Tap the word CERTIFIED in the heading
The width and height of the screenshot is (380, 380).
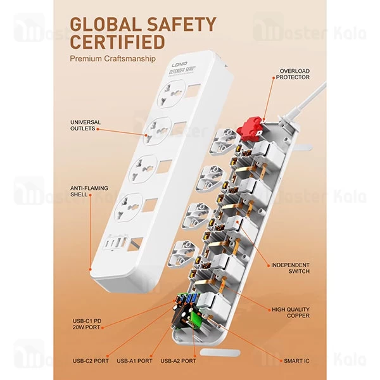point(118,42)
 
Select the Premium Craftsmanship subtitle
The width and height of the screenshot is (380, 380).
point(113,59)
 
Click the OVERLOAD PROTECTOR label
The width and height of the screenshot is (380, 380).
point(293,74)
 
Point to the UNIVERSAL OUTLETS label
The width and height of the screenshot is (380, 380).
point(85,125)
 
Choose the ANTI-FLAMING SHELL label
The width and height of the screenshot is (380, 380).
point(89,191)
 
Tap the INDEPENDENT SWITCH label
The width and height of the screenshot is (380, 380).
point(290,269)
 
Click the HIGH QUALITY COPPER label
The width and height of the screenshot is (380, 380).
point(291,313)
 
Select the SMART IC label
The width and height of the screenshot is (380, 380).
point(296,361)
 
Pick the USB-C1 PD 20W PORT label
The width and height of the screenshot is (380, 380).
point(87,324)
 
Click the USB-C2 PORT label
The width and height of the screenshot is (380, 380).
point(91,361)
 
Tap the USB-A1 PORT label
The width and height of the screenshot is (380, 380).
point(134,361)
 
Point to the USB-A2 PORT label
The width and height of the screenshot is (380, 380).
point(178,361)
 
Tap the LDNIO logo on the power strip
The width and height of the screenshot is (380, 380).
point(180,65)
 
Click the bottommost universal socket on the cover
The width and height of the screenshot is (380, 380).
point(129,207)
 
